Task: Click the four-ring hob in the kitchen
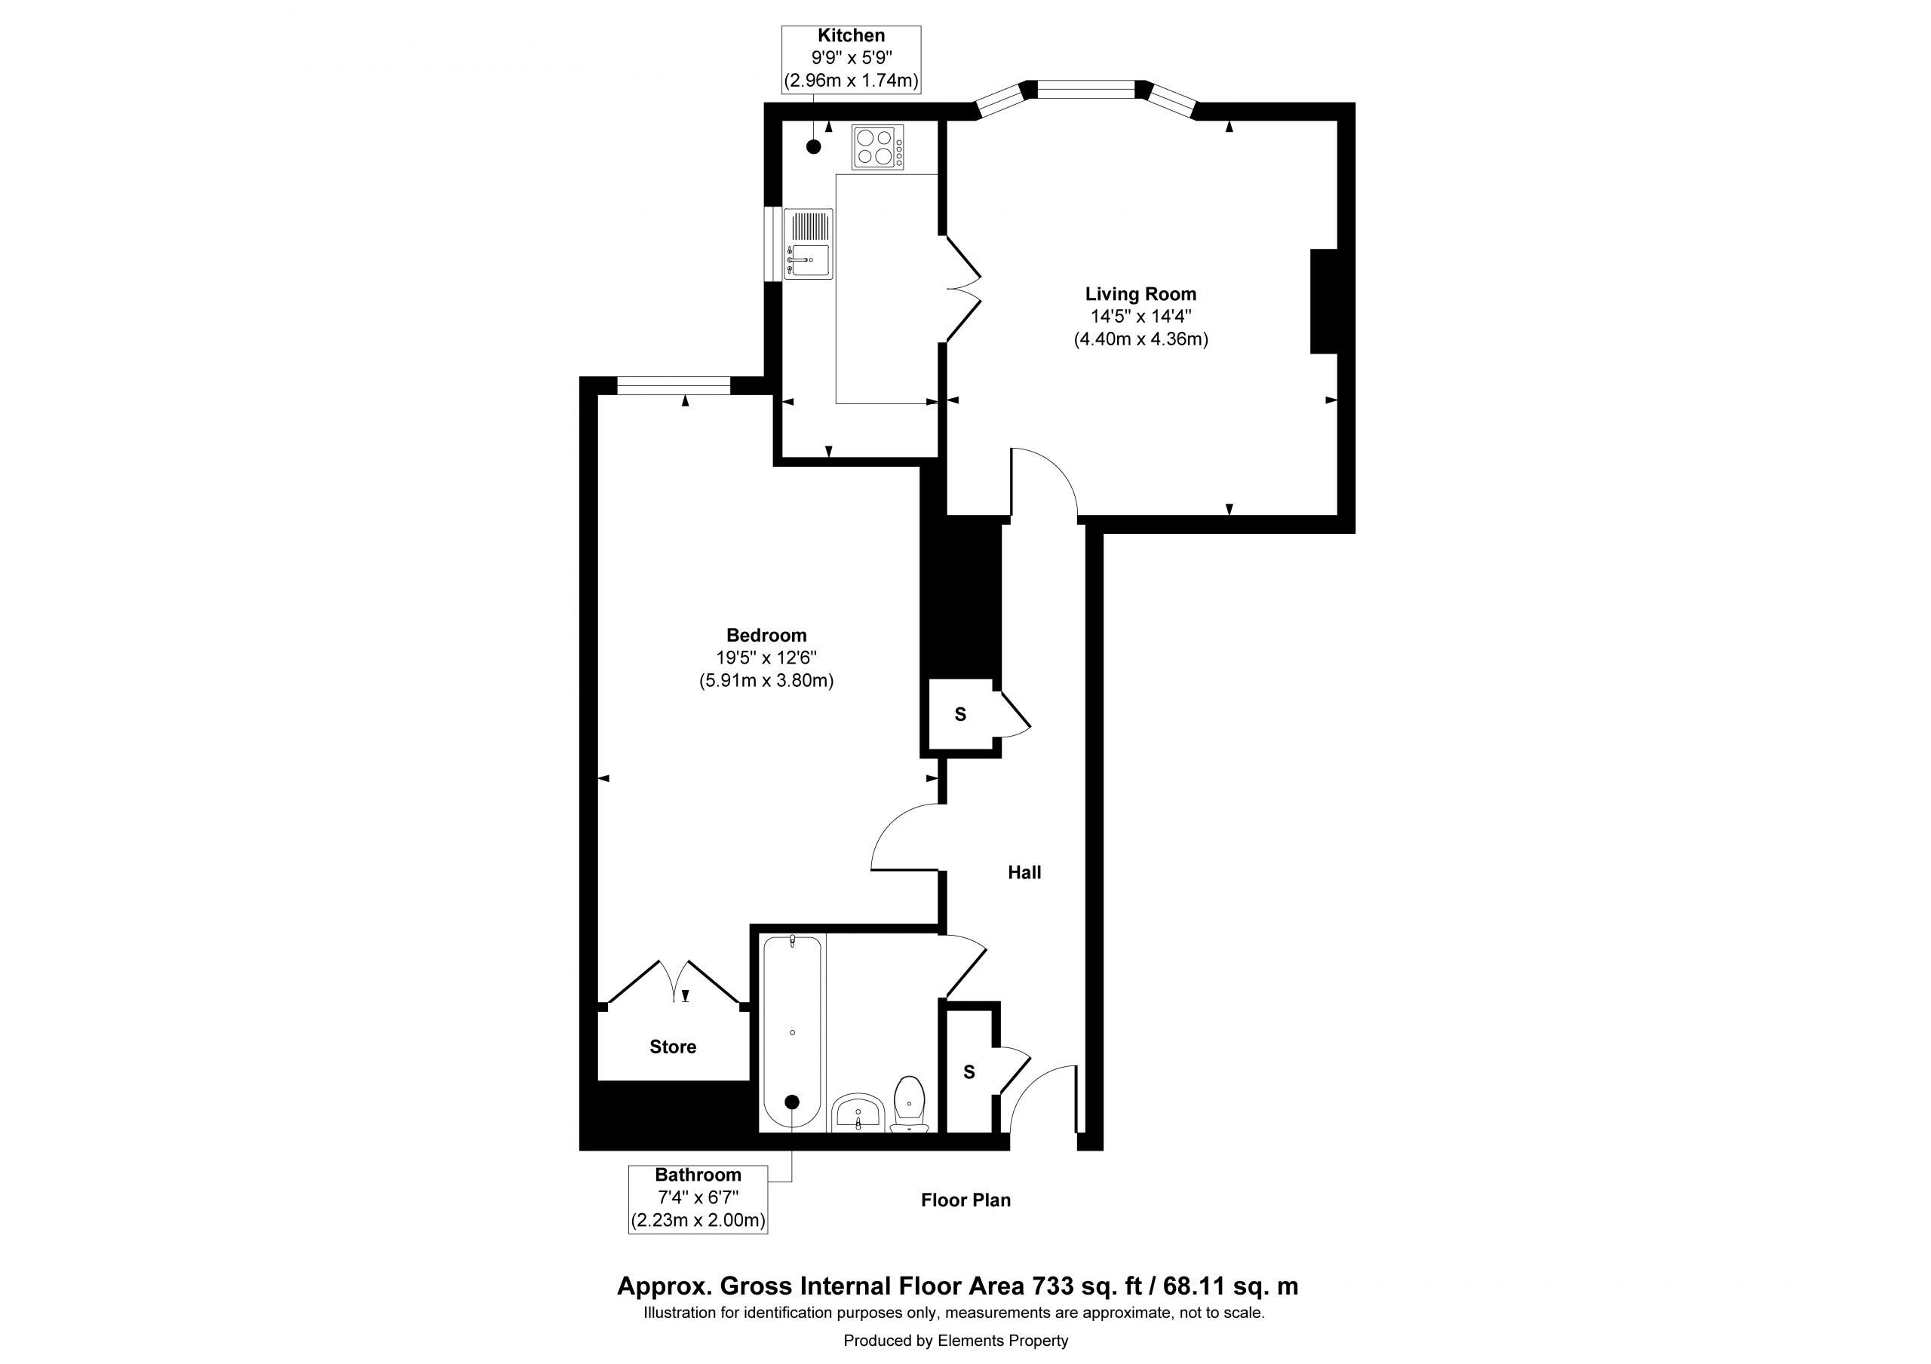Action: pyautogui.click(x=877, y=147)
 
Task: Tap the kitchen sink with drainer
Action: pyautogui.click(x=808, y=244)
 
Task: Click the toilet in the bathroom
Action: pyautogui.click(x=909, y=1103)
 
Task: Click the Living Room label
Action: pyautogui.click(x=1140, y=294)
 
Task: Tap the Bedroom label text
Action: pyautogui.click(x=766, y=636)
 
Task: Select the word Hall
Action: pyautogui.click(x=1024, y=873)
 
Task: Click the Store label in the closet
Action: pyautogui.click(x=673, y=1047)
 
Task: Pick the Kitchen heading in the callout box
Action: pyautogui.click(x=851, y=35)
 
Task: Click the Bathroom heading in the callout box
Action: pyautogui.click(x=698, y=1175)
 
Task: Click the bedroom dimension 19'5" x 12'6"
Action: pyautogui.click(x=766, y=657)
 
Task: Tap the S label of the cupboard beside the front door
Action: pyautogui.click(x=969, y=1072)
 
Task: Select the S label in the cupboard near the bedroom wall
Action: pyautogui.click(x=960, y=714)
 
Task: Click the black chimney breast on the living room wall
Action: pyautogui.click(x=1324, y=301)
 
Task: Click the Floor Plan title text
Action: pyautogui.click(x=965, y=1200)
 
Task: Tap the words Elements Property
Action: pyautogui.click(x=1003, y=1341)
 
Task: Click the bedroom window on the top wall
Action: pyautogui.click(x=674, y=386)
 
